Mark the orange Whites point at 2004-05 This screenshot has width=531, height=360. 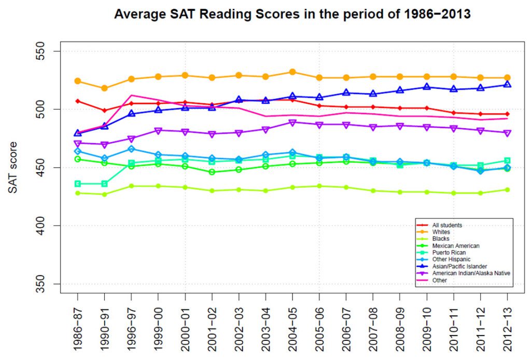(292, 72)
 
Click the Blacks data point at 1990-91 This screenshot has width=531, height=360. (105, 195)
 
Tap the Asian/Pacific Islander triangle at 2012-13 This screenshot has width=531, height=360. (507, 84)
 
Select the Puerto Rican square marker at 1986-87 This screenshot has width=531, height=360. (78, 184)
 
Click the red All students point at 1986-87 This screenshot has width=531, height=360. (78, 101)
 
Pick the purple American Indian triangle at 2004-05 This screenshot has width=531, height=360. (292, 123)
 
